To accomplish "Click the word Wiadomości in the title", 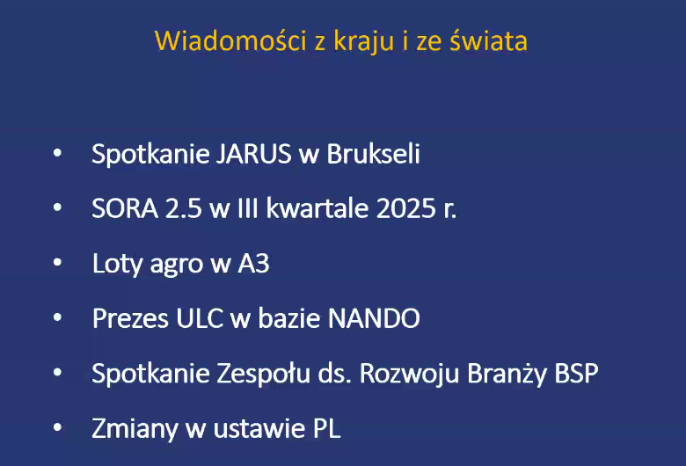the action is (x=230, y=40).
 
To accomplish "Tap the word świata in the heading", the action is (x=489, y=40).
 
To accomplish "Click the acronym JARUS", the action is (x=254, y=154).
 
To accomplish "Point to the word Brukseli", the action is (x=373, y=153).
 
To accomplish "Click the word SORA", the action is (x=125, y=208).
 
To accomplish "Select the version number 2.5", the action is (x=183, y=208).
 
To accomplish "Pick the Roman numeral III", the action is (x=247, y=208).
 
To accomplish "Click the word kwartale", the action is (x=317, y=208).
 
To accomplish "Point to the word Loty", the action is (x=118, y=264).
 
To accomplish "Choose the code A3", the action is (x=254, y=264).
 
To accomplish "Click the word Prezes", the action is (x=130, y=318).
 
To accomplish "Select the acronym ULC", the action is (x=200, y=318).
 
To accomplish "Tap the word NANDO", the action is (x=374, y=318).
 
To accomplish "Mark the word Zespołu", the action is (x=263, y=374).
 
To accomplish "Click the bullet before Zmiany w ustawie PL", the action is (x=57, y=427).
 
